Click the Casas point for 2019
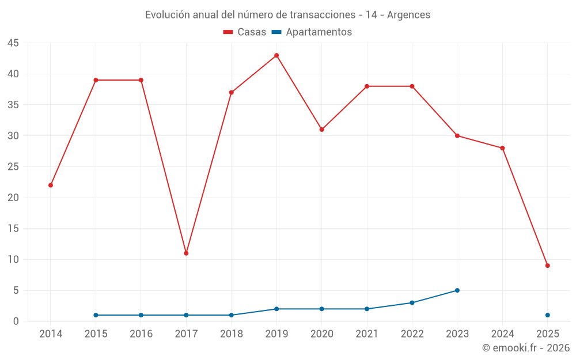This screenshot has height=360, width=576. click(276, 55)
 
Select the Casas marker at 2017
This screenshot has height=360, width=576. click(186, 253)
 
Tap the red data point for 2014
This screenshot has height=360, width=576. click(51, 185)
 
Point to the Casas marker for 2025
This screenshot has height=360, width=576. click(547, 266)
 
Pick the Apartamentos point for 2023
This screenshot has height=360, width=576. click(457, 290)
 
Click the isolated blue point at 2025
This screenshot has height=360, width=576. click(547, 315)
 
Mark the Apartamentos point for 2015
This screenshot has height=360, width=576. click(96, 315)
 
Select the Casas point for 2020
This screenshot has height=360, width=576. click(321, 130)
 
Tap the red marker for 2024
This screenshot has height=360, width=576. click(502, 148)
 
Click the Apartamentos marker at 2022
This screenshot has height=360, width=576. click(412, 302)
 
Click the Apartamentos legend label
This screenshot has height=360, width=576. click(319, 32)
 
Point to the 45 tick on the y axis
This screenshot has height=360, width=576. click(13, 43)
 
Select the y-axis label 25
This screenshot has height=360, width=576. click(13, 167)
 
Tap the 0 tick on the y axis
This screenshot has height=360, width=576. click(16, 321)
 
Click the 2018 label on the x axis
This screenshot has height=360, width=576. click(231, 334)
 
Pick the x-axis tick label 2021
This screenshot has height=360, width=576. click(367, 334)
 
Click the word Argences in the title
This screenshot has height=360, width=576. click(408, 15)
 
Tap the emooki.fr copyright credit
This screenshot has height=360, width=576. click(526, 348)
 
